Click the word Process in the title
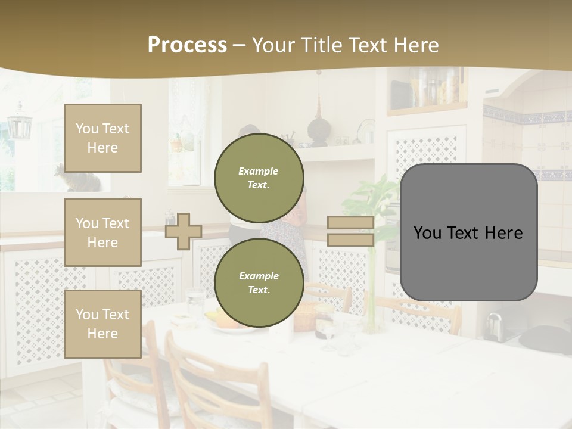(187, 45)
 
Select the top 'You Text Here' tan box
(102, 138)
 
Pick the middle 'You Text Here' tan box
(102, 232)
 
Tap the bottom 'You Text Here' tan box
(102, 324)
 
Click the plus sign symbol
(183, 231)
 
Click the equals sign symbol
(350, 231)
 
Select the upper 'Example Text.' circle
(259, 178)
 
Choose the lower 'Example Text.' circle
(259, 282)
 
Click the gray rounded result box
(468, 232)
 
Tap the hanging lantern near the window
(20, 123)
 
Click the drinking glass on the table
(195, 301)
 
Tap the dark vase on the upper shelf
(316, 128)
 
